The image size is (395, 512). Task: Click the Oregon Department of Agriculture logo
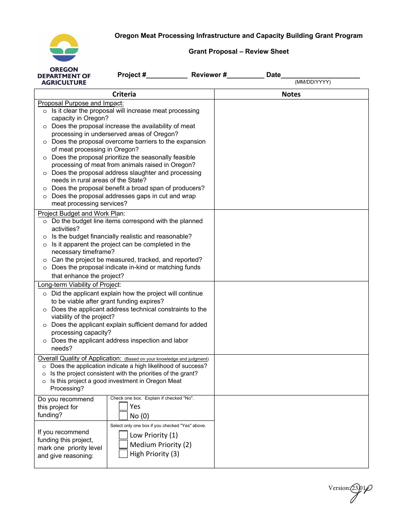[x=64, y=60]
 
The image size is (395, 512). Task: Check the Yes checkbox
[x=123, y=406]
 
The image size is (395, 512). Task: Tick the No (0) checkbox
[x=123, y=415]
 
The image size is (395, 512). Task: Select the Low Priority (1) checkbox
[x=123, y=435]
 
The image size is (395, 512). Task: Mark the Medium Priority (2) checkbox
[x=123, y=445]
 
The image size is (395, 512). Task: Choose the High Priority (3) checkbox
[x=123, y=454]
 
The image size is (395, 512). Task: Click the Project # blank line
[x=167, y=76]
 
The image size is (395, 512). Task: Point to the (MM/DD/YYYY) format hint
[x=313, y=82]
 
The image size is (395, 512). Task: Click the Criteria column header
[x=124, y=94]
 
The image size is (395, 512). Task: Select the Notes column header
[x=291, y=94]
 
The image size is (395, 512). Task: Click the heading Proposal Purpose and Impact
[x=81, y=103]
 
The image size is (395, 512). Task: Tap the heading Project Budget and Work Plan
[x=78, y=214]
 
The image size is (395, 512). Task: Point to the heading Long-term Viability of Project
[x=79, y=285]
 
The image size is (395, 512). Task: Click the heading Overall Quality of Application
[x=79, y=358]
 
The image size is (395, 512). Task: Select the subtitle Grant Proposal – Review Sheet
[x=239, y=52]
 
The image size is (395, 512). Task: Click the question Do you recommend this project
[x=66, y=407]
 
